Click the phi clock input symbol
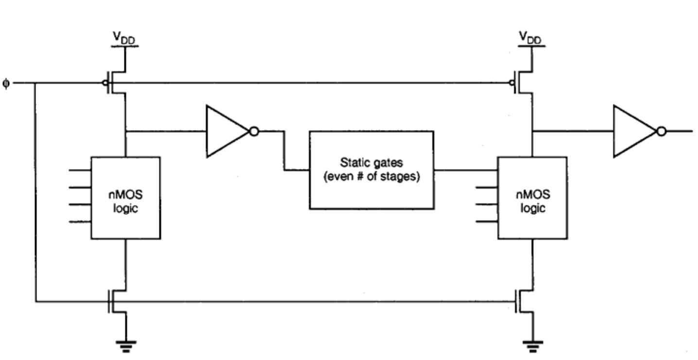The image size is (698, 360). click(5, 83)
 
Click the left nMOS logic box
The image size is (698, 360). click(125, 197)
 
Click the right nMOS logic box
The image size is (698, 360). click(533, 197)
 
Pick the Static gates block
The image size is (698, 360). click(371, 170)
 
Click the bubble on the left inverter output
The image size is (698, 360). click(253, 131)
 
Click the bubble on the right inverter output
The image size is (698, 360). click(661, 131)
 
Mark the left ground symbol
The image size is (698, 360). click(126, 345)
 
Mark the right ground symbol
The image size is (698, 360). click(533, 345)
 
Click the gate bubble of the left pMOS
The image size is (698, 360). click(105, 83)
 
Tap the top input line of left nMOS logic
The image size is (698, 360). click(80, 171)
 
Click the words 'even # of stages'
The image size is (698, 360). click(371, 176)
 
